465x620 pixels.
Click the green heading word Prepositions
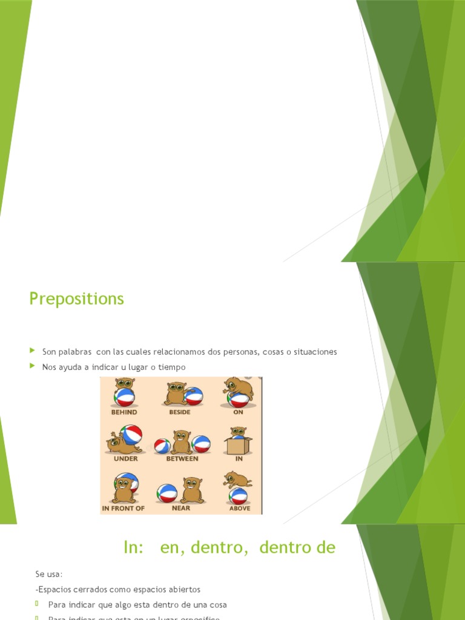tap(76, 298)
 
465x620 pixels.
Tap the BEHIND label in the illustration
tap(124, 412)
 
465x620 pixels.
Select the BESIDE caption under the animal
tap(180, 412)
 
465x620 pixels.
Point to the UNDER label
tap(125, 459)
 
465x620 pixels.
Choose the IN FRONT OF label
tap(124, 508)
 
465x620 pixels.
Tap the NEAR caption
tap(180, 508)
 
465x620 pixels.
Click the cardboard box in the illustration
tap(238, 446)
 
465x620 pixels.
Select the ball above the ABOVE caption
tap(238, 496)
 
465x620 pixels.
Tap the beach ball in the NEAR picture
tap(167, 493)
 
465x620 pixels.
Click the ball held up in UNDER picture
tap(131, 434)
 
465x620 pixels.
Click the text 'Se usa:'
tap(49, 573)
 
